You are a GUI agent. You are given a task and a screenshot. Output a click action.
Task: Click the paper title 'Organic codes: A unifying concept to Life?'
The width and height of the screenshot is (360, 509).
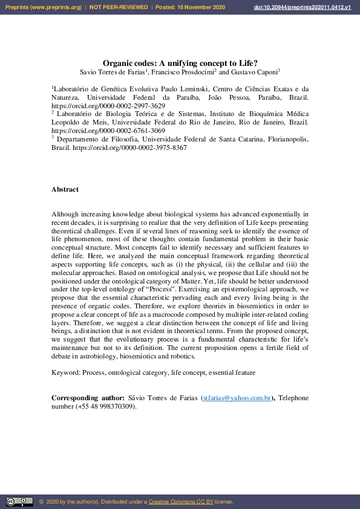(x=180, y=62)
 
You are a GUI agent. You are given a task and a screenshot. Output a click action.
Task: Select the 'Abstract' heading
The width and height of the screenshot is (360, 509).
(x=65, y=189)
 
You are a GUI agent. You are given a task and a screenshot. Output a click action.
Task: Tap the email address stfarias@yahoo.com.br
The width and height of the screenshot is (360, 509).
(x=237, y=398)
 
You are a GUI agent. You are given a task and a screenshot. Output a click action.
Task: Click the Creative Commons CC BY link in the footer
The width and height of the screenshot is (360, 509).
(x=178, y=502)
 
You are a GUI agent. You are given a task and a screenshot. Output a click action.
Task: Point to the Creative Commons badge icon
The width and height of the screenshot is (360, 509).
(x=19, y=501)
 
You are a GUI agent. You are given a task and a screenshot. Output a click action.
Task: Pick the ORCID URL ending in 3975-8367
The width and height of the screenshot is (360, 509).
(x=129, y=147)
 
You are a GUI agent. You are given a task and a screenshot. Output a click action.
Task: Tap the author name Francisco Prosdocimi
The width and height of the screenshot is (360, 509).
(x=182, y=71)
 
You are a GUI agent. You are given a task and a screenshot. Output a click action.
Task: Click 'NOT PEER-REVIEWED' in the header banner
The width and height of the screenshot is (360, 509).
(x=119, y=7)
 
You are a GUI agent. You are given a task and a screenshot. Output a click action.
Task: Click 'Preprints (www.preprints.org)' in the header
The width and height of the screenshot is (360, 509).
(x=42, y=7)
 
